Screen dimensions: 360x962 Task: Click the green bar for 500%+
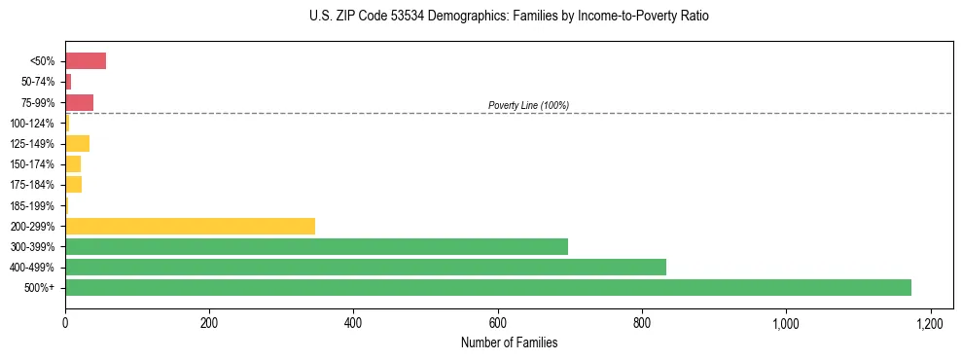point(487,287)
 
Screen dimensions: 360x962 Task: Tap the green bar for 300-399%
point(316,246)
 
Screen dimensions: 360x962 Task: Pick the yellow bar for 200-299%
point(190,226)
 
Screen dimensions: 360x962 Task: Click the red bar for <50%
point(85,61)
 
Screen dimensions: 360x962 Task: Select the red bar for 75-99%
point(79,102)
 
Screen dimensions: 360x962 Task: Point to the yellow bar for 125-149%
point(77,144)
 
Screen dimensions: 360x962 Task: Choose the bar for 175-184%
point(73,185)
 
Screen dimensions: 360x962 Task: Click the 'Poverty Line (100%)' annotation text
point(528,105)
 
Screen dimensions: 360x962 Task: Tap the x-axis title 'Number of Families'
point(509,342)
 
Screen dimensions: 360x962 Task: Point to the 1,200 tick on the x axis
point(930,322)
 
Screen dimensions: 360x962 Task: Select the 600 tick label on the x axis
point(497,322)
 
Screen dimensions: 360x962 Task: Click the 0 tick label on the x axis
point(65,322)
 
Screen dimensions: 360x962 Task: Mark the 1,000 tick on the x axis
point(786,322)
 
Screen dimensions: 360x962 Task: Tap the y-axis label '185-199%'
point(34,205)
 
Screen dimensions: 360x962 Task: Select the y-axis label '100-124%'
point(34,124)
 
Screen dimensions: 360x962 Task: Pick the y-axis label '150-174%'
point(34,164)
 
